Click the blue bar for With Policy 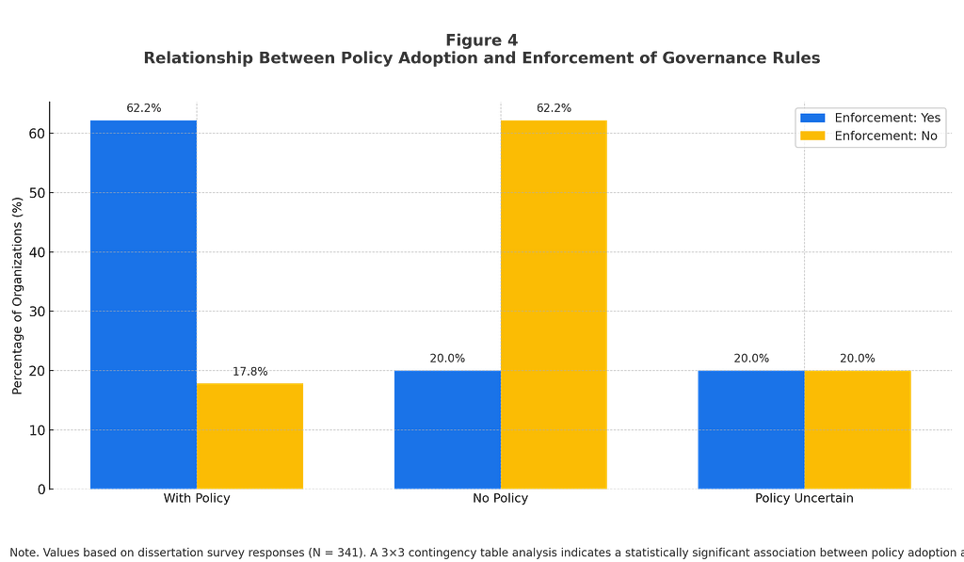click(143, 304)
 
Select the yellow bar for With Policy click(249, 436)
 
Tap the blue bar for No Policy click(447, 430)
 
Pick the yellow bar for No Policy click(554, 304)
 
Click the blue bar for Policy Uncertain click(750, 430)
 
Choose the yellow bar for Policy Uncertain click(857, 430)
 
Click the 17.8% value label click(249, 372)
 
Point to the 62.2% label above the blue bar click(144, 108)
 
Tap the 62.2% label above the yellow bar click(554, 108)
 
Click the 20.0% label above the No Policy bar click(447, 359)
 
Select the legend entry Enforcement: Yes click(870, 118)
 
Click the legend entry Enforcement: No click(869, 136)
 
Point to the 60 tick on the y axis click(37, 134)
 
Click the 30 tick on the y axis click(37, 312)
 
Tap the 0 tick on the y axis click(41, 490)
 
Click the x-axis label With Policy click(197, 498)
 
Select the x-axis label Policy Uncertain click(804, 498)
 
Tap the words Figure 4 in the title click(482, 40)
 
